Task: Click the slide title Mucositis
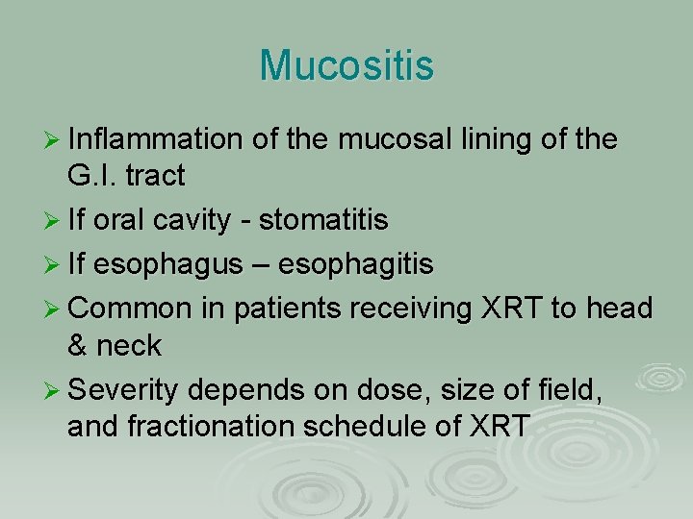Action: coord(346,66)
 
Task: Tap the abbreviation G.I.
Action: coord(92,176)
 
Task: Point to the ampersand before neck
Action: coord(79,344)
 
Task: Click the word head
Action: coord(623,309)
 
